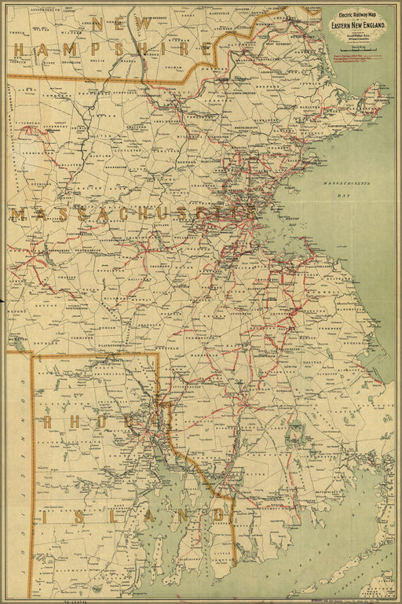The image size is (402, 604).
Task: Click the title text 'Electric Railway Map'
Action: click(357, 15)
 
